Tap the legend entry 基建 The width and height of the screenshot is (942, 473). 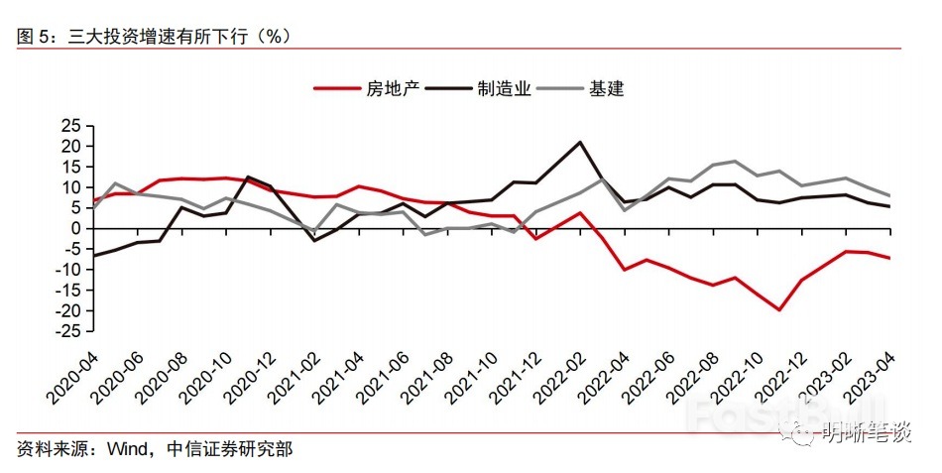[606, 88]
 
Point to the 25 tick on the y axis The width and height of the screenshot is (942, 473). [70, 125]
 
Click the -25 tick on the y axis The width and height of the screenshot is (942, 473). [66, 331]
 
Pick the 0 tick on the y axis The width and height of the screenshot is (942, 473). [75, 228]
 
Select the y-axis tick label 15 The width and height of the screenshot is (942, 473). [70, 166]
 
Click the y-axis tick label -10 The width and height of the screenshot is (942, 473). [66, 270]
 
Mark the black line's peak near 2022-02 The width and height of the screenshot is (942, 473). [580, 142]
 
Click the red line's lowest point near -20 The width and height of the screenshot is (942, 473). [780, 310]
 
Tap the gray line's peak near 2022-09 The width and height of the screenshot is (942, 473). [735, 161]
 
